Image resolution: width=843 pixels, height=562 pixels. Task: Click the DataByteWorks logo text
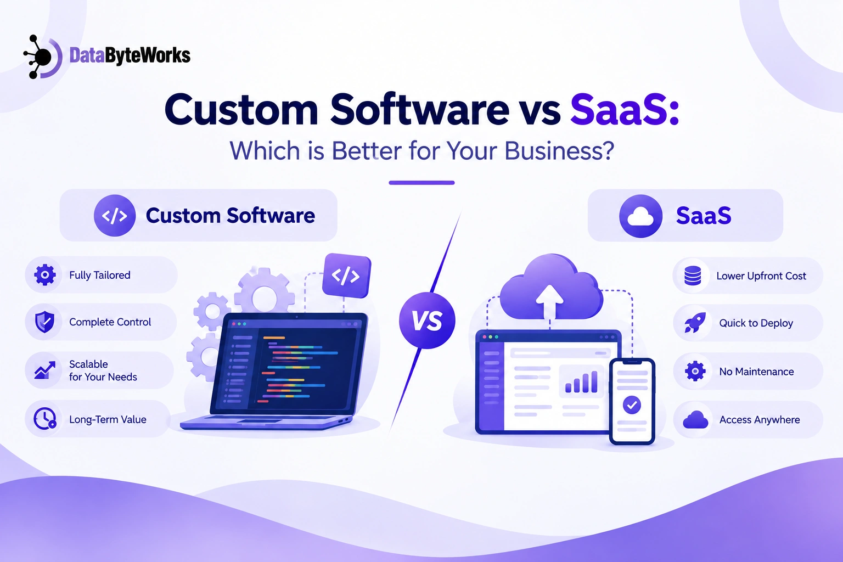click(130, 56)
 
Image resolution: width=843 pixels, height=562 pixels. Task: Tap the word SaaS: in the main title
click(625, 109)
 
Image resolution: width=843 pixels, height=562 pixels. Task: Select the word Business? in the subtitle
click(559, 150)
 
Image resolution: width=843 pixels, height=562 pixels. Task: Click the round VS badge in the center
click(427, 321)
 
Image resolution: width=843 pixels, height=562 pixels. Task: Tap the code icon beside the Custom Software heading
click(115, 215)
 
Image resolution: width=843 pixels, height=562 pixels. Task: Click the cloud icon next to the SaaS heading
click(640, 216)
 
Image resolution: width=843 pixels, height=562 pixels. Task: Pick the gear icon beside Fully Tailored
click(45, 275)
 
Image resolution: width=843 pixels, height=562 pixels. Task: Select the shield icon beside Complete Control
click(44, 322)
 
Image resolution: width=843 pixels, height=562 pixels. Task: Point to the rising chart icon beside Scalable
click(45, 370)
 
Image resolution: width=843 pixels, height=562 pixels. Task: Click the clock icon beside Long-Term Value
click(45, 418)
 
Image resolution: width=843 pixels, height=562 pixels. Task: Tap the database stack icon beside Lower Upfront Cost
click(693, 276)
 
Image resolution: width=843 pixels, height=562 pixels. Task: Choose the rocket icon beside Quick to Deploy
click(695, 323)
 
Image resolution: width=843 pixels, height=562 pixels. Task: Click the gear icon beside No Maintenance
click(695, 371)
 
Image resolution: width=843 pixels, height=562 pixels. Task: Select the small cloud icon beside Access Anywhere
click(695, 419)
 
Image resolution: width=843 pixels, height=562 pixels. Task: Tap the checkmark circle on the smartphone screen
click(632, 405)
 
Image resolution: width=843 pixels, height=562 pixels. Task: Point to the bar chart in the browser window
click(581, 381)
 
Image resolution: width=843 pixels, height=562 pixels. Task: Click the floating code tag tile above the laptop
click(347, 276)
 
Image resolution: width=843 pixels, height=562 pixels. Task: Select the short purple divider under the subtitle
click(421, 183)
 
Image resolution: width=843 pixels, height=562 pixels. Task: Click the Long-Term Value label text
click(108, 419)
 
